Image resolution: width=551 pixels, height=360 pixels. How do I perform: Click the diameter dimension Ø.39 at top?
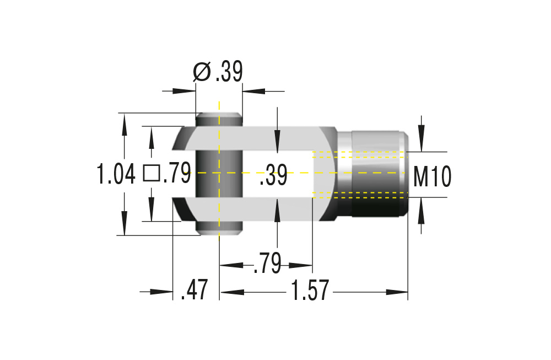(218, 72)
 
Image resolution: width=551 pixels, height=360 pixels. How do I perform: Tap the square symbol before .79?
(151, 173)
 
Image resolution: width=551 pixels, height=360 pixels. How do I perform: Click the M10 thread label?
(433, 177)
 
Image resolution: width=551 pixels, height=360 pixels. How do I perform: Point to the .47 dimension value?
(195, 291)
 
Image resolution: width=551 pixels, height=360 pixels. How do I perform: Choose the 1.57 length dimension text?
(310, 291)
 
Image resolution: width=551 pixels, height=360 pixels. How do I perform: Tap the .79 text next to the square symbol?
(176, 174)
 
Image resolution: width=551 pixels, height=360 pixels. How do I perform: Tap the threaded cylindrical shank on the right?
(377, 174)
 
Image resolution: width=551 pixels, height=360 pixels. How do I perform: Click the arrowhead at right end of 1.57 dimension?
(398, 292)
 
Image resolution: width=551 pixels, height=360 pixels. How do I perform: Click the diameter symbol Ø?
(202, 72)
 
